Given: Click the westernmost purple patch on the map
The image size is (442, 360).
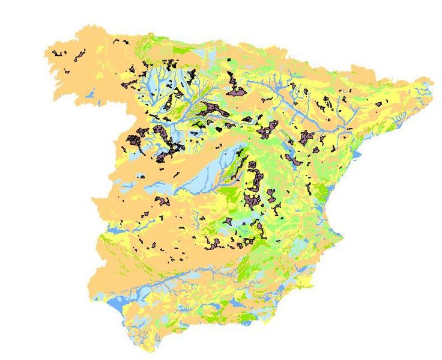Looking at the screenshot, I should [x=58, y=53].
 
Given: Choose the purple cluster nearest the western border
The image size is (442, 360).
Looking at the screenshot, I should [x=133, y=142].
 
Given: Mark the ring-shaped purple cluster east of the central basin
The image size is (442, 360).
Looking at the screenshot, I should [x=255, y=177].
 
